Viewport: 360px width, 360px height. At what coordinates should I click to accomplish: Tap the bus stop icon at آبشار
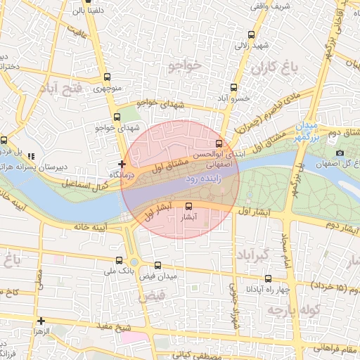(188, 206)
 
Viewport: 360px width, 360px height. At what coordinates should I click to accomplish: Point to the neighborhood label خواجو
(185, 66)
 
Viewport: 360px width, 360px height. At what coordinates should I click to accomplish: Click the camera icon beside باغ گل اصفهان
(340, 153)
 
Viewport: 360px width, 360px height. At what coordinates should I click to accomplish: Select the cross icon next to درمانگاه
(122, 163)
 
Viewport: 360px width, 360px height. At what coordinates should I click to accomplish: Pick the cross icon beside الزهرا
(41, 321)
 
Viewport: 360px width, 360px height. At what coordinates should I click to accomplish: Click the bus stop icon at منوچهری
(107, 77)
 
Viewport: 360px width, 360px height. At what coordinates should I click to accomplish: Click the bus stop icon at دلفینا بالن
(76, 11)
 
